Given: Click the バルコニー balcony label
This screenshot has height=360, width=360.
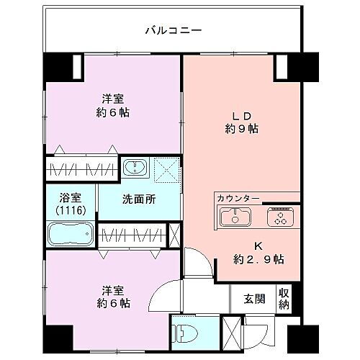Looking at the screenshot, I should [x=172, y=30].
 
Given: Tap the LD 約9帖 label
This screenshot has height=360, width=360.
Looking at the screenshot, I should [x=240, y=123].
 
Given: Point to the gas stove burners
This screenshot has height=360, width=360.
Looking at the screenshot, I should [x=277, y=216].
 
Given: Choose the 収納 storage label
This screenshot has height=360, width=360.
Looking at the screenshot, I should [x=284, y=298].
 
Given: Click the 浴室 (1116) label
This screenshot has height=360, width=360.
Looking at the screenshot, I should [x=71, y=202].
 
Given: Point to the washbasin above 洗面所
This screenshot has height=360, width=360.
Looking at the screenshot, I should [x=134, y=168].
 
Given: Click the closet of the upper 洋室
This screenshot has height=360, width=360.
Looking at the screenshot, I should [x=82, y=170].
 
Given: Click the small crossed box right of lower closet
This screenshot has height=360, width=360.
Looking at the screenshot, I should [x=174, y=235].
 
